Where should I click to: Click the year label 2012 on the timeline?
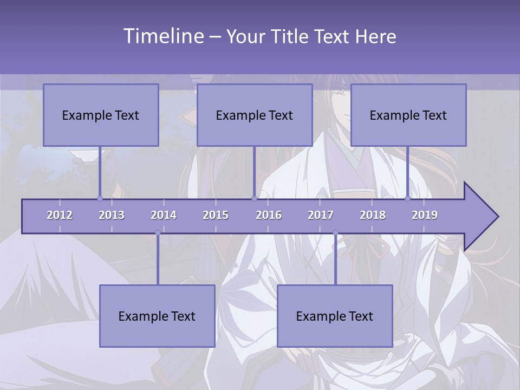coord(60,215)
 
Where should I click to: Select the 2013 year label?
coord(112,215)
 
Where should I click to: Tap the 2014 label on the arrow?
coord(164,215)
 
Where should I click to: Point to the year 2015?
coord(216,215)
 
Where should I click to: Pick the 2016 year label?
coord(269,215)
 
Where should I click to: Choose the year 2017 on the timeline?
coord(321,215)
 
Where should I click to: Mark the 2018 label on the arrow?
coord(373,215)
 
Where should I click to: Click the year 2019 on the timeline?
coord(425,215)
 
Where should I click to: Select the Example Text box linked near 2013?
coord(101,115)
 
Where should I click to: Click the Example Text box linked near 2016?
coord(255,115)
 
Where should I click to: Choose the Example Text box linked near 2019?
coord(408,115)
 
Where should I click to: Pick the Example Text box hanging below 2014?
coord(157,316)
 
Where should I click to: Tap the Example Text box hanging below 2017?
coord(335,316)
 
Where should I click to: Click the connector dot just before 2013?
coord(100,198)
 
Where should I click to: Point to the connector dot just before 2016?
coord(254,198)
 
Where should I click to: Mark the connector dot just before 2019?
coord(408,198)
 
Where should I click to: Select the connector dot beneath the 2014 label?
coord(158,233)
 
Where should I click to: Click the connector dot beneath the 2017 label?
coord(335,233)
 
